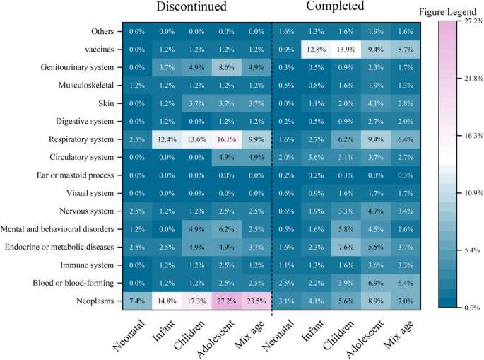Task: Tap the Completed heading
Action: click(335, 8)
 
